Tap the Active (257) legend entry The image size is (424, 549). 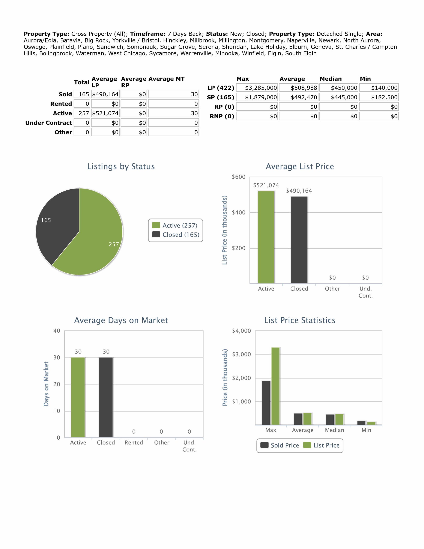(x=175, y=225)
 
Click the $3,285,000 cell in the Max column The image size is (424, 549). (x=257, y=88)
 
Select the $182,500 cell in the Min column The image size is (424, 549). (x=379, y=97)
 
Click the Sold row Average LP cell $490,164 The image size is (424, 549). (x=105, y=94)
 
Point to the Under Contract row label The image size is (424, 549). (x=48, y=123)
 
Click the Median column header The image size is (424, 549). (x=331, y=79)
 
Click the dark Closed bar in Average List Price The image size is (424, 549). (x=299, y=240)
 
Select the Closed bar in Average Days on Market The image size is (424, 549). (x=106, y=397)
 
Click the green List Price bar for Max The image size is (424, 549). (x=275, y=386)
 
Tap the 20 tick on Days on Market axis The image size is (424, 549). (x=57, y=384)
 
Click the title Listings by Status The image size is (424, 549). (x=121, y=166)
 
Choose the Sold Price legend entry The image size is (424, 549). (x=280, y=445)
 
